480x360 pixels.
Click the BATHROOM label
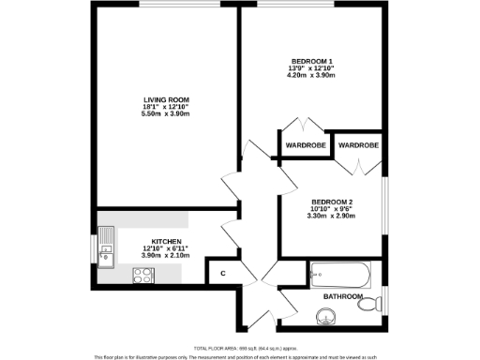click(342, 297)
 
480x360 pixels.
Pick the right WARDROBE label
click(357, 146)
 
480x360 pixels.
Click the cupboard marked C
click(222, 274)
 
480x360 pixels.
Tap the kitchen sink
click(107, 246)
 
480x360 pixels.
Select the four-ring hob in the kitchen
click(144, 275)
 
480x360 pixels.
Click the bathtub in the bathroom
click(340, 275)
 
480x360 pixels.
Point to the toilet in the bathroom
click(374, 303)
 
